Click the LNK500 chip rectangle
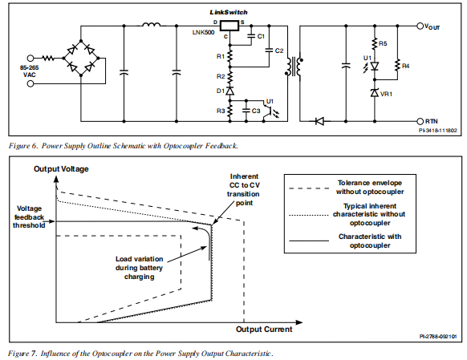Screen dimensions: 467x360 (x=229, y=26)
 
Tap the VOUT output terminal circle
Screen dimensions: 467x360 (x=420, y=26)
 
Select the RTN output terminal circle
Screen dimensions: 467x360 (x=420, y=121)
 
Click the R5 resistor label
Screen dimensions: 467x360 (x=383, y=44)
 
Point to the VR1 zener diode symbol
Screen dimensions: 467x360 (x=375, y=93)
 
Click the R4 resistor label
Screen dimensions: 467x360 (x=405, y=66)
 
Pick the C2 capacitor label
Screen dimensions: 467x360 (x=279, y=51)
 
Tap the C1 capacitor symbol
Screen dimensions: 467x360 (x=251, y=36)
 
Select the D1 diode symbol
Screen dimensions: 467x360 (x=229, y=91)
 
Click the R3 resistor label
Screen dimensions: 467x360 (x=221, y=111)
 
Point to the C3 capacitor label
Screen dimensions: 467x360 (x=256, y=111)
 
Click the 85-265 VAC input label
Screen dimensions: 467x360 (x=29, y=71)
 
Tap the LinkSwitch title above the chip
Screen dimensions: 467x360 (x=229, y=12)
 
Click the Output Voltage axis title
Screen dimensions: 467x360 (x=61, y=169)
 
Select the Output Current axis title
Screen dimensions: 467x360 (x=264, y=330)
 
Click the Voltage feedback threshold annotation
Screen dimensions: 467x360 (x=29, y=217)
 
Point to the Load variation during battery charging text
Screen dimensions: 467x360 (x=139, y=268)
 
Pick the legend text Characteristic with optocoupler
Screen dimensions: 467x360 (x=370, y=241)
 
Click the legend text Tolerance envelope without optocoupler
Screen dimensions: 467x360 (x=370, y=187)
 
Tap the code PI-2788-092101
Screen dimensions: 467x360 (x=438, y=337)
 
